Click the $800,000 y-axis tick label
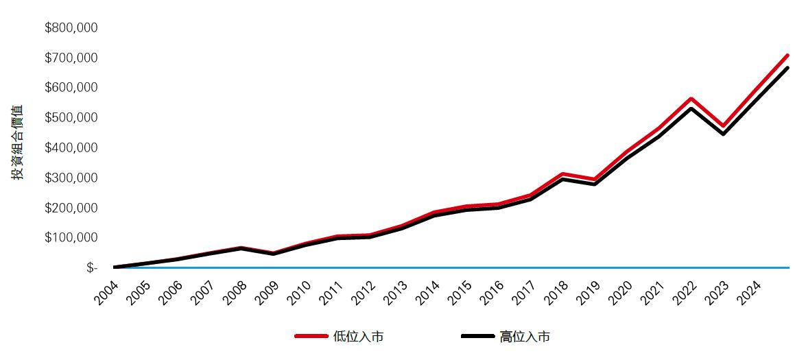point(71,28)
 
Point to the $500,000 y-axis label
point(71,118)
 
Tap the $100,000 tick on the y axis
point(71,238)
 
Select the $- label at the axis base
point(92,268)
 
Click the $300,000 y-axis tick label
point(71,178)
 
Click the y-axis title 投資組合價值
point(18,143)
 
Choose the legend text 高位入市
point(525,337)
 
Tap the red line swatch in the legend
point(311,336)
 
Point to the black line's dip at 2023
point(723,134)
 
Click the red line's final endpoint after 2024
point(787,55)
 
